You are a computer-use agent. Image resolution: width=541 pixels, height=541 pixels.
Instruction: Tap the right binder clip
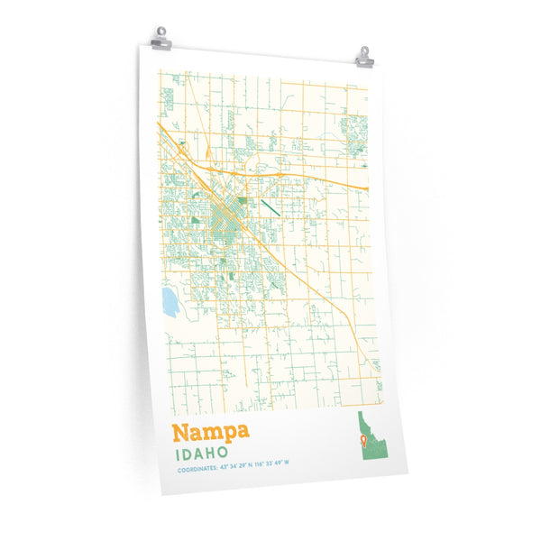pos(364,57)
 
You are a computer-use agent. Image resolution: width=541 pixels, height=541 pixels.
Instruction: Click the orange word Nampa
pos(208,432)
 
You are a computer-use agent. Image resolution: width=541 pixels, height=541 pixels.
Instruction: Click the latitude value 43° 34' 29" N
pos(234,470)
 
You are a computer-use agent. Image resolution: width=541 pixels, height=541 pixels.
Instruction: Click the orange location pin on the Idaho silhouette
pos(362,439)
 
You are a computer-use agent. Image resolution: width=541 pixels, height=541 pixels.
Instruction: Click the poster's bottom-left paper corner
pos(163,495)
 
